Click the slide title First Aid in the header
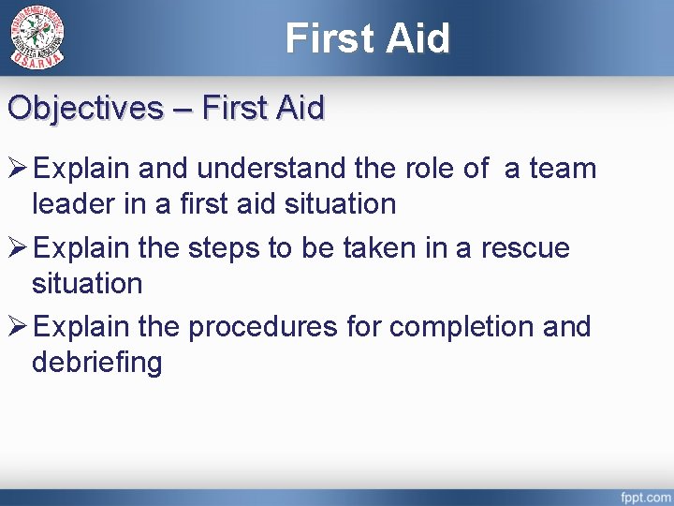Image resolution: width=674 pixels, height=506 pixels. (368, 38)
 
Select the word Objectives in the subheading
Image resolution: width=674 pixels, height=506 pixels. (85, 108)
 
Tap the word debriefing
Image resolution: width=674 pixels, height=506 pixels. (96, 362)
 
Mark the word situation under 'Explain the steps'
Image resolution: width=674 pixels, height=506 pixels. (86, 282)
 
